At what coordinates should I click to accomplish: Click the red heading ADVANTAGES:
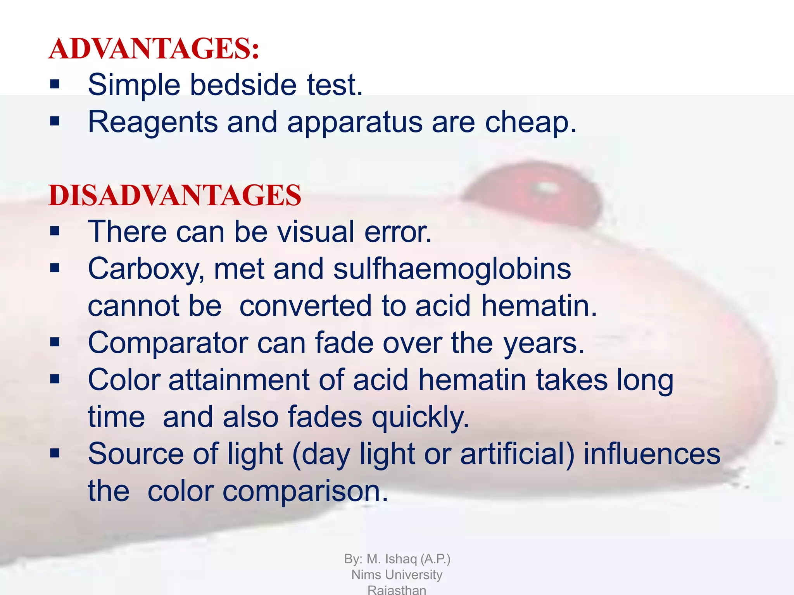pyautogui.click(x=154, y=49)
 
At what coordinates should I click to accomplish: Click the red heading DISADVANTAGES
pyautogui.click(x=175, y=195)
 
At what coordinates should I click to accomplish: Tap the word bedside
pyautogui.click(x=243, y=85)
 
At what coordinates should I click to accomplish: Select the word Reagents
pyautogui.click(x=153, y=122)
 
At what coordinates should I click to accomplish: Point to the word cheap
pyautogui.click(x=530, y=122)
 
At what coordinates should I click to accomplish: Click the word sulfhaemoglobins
pyautogui.click(x=452, y=268)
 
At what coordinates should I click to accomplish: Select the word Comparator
pyautogui.click(x=168, y=343)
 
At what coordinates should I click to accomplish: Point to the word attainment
pyautogui.click(x=239, y=380)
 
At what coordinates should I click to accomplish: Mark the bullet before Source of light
pyautogui.click(x=55, y=453)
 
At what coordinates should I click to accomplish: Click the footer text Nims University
pyautogui.click(x=397, y=575)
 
